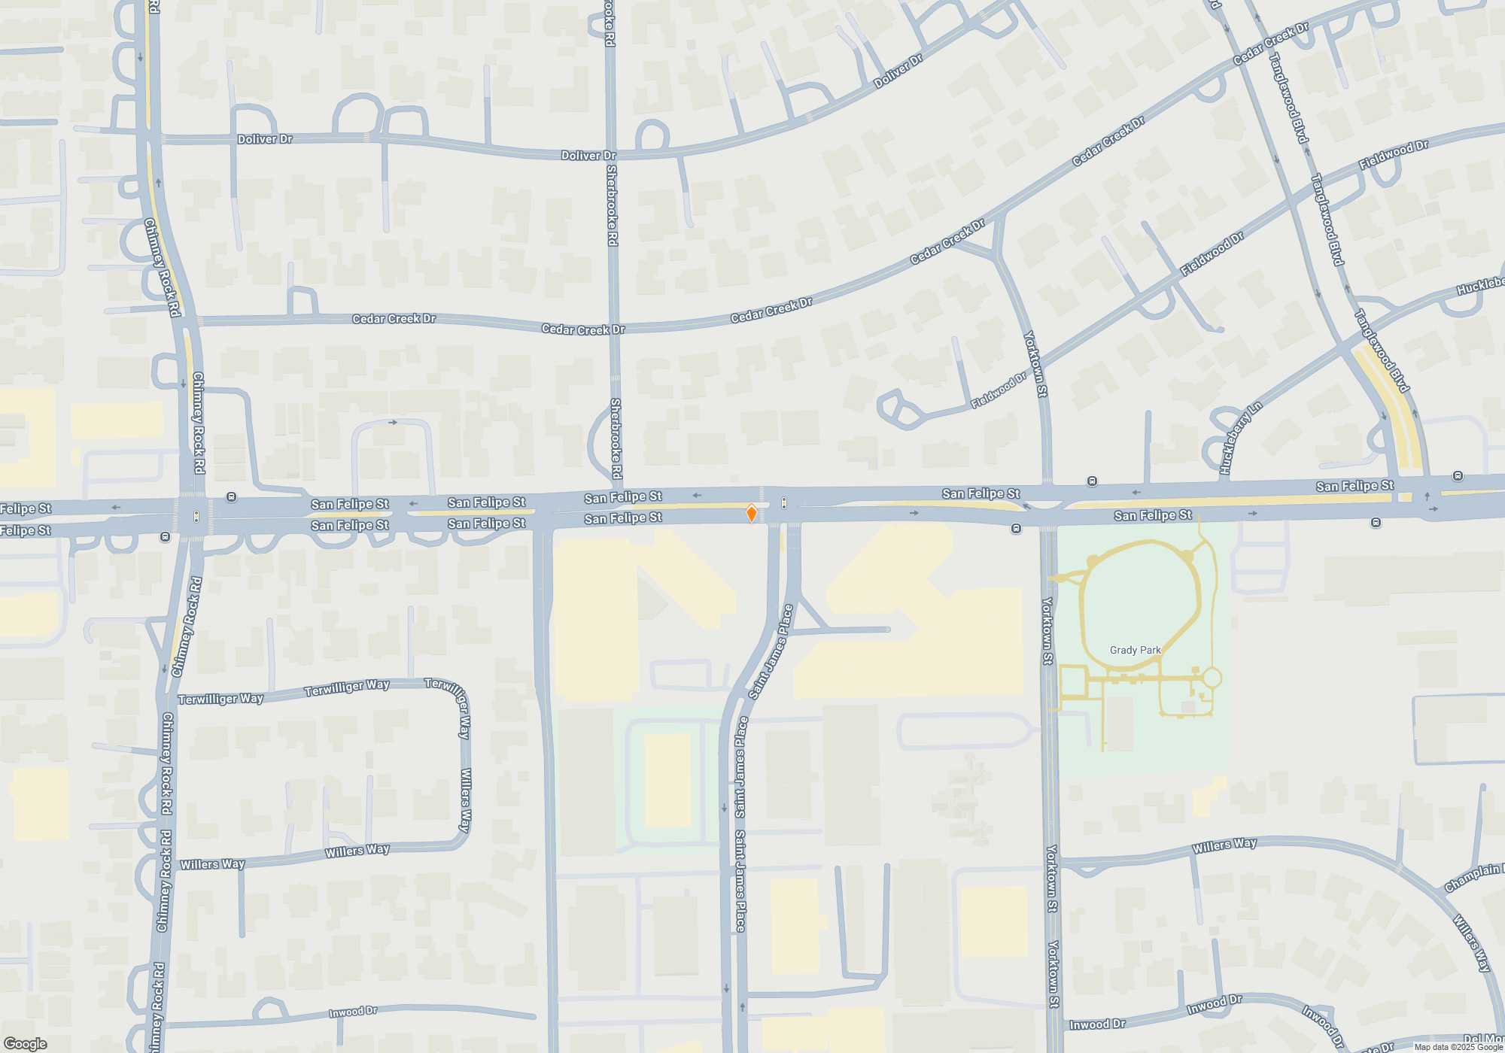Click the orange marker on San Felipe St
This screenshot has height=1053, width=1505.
pos(751,513)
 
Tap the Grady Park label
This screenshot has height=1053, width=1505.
pos(1135,650)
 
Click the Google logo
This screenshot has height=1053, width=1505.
pos(25,1043)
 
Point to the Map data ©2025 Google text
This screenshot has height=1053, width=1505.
pos(1458,1047)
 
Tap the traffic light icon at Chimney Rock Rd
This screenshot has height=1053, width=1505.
pos(196,517)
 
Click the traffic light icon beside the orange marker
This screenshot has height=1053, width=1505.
pos(784,502)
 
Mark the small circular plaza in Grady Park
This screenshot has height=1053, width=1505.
pos(1212,678)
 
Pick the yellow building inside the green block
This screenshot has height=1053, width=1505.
pos(668,780)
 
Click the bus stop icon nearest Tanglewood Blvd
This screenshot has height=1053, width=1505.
pos(1458,476)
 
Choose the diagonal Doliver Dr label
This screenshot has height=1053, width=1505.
pos(898,71)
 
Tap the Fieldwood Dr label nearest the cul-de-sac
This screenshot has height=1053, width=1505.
pos(999,390)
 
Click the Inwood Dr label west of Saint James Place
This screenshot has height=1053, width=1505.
pos(353,1012)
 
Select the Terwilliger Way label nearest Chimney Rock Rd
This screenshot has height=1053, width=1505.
pos(220,699)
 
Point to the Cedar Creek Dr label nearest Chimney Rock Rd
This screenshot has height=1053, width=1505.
pos(394,319)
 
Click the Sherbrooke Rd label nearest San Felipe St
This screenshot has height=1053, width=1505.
pos(616,438)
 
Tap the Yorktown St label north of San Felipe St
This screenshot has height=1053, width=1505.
pos(1035,364)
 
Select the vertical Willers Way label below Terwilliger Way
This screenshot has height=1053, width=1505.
pos(465,800)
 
